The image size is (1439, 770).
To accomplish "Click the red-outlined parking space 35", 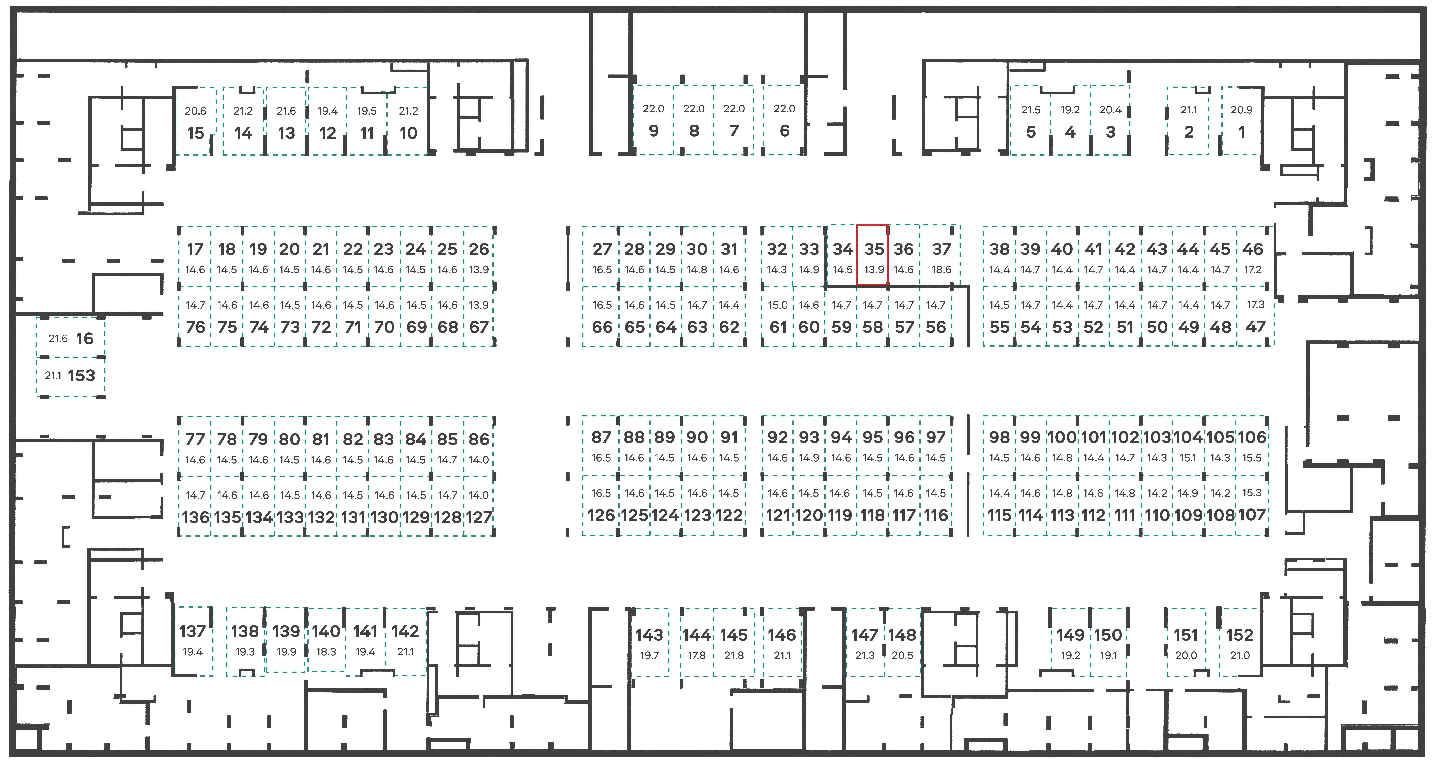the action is [x=873, y=255].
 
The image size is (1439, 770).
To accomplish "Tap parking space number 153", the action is [x=70, y=376].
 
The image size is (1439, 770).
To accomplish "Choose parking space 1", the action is [x=1241, y=121].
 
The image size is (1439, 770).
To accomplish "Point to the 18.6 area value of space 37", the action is [x=941, y=270].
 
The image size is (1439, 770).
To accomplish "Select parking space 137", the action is [x=193, y=641].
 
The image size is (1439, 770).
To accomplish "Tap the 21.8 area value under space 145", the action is [x=734, y=656].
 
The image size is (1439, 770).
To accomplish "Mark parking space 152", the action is [x=1240, y=642].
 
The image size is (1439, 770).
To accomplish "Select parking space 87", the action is [x=601, y=446].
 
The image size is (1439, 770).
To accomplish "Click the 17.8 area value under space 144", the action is [x=697, y=656].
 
